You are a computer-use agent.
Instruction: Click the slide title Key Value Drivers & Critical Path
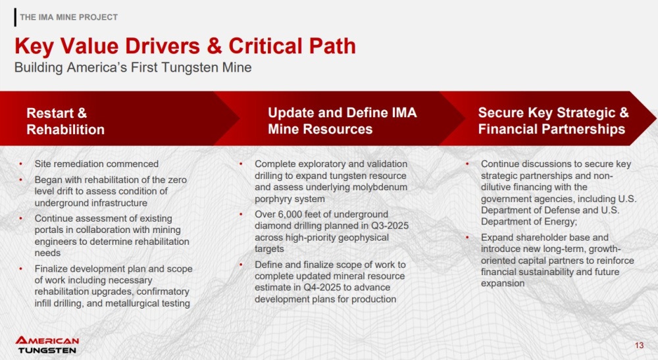185,46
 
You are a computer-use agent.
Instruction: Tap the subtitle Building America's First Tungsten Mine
133,68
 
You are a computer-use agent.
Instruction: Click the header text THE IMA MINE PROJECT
69,17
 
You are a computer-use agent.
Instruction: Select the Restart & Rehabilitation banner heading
65,121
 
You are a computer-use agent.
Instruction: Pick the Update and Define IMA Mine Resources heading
342,120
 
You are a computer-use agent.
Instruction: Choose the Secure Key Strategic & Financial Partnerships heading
553,120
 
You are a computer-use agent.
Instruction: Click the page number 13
639,346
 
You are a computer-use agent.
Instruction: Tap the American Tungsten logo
47,345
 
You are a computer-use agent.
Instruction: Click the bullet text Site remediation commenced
97,164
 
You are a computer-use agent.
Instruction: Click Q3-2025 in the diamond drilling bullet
390,226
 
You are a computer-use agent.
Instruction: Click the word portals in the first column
49,230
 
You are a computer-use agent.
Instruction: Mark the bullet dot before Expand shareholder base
467,238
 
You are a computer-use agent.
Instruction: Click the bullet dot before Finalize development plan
20,269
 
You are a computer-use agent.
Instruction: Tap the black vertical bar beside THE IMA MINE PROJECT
16,17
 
